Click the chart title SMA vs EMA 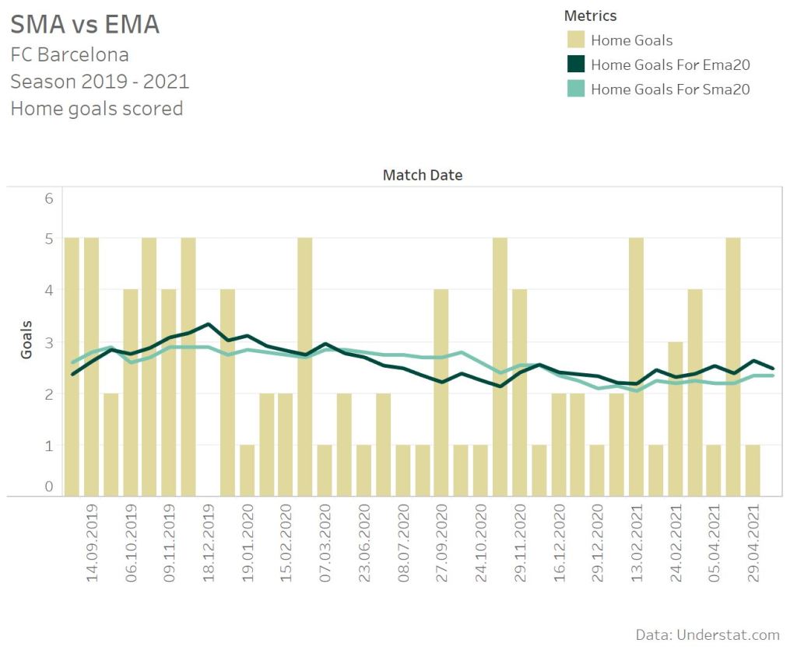click(x=85, y=25)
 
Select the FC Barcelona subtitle click(x=69, y=55)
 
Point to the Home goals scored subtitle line click(x=97, y=108)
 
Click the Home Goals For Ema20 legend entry click(x=670, y=65)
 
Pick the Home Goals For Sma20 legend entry click(x=670, y=89)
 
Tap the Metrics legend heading click(x=590, y=16)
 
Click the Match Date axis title click(x=423, y=175)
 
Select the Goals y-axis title click(x=26, y=339)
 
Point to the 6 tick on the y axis click(x=48, y=198)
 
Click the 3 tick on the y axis click(x=48, y=342)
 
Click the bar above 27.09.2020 click(x=441, y=393)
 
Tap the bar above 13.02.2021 click(x=637, y=366)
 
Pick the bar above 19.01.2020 click(x=248, y=470)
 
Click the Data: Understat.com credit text click(x=707, y=635)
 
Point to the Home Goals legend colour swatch click(x=575, y=40)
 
